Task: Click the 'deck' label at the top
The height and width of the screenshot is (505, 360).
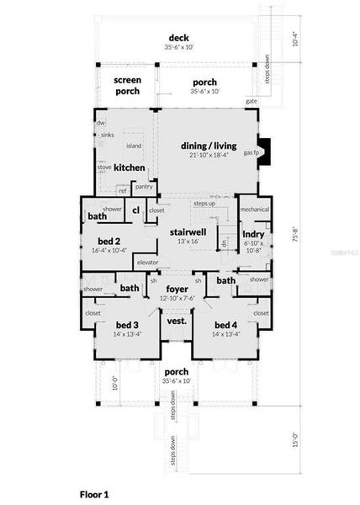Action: tap(177, 38)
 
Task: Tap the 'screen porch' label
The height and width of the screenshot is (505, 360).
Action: tap(128, 85)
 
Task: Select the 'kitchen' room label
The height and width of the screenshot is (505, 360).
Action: tap(130, 167)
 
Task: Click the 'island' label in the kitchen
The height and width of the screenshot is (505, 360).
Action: tap(134, 145)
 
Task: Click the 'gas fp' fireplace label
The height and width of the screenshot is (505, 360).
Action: tap(250, 152)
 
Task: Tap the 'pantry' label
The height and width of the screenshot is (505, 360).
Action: tap(144, 186)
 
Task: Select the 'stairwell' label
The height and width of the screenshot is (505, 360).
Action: tap(188, 231)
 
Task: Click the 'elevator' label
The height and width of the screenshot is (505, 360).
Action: tap(148, 263)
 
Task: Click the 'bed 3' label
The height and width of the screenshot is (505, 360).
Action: tap(127, 325)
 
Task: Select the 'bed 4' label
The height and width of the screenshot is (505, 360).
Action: tap(226, 325)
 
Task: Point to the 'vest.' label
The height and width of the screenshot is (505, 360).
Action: tap(177, 321)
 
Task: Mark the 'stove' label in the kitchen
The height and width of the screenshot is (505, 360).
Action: tap(104, 167)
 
